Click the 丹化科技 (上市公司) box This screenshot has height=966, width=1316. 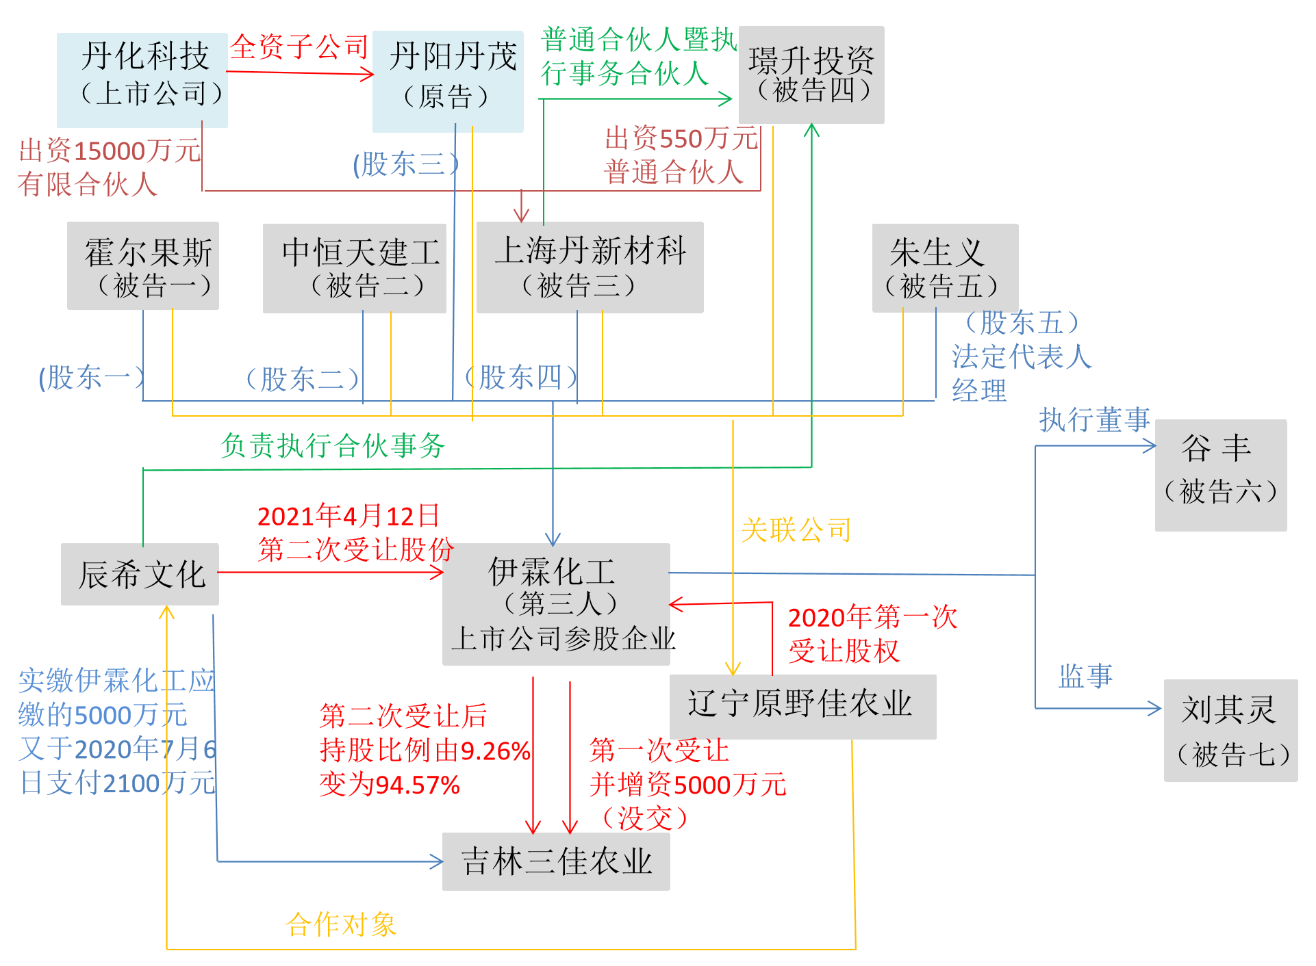(x=142, y=79)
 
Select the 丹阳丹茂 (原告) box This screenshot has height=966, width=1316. (x=448, y=81)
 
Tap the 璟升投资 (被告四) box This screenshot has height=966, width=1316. (x=811, y=75)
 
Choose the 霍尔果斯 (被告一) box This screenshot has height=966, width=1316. (x=143, y=265)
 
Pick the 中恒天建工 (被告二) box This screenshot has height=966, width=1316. (x=355, y=267)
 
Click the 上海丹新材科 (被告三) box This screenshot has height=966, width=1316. (x=590, y=267)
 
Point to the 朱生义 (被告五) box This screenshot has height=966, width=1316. (x=945, y=267)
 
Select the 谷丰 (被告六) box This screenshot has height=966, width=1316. (x=1221, y=475)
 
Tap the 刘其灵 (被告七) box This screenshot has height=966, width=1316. (x=1230, y=730)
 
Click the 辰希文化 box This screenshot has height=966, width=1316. (x=140, y=574)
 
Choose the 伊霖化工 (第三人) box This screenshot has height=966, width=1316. (x=556, y=603)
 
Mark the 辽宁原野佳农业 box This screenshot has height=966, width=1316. (x=802, y=706)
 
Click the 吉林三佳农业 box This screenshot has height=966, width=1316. (x=556, y=861)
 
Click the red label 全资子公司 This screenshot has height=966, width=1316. (x=299, y=47)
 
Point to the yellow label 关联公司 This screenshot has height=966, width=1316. (x=796, y=530)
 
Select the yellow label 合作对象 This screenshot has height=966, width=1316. (x=341, y=924)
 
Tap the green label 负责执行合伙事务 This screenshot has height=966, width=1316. (x=333, y=445)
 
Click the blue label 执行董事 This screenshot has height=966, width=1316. (x=1094, y=419)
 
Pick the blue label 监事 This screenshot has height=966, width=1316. (x=1085, y=676)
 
